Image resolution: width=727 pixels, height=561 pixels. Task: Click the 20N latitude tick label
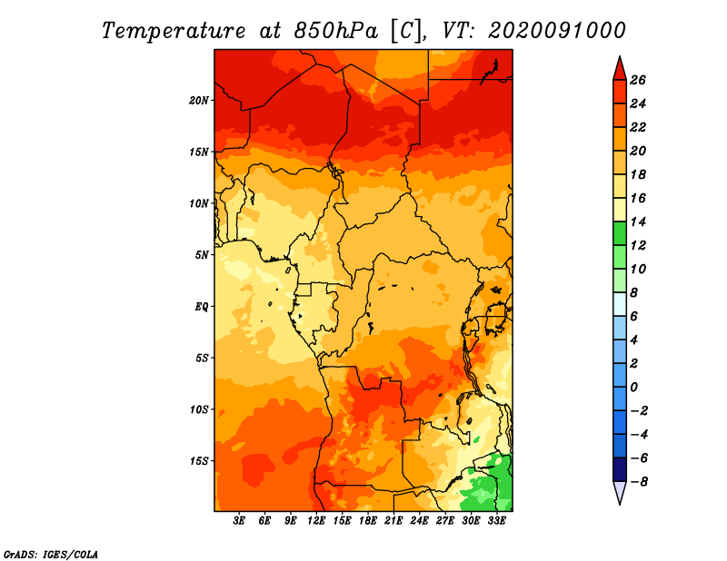coord(199,101)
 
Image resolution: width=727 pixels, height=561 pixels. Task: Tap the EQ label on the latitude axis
coord(202,307)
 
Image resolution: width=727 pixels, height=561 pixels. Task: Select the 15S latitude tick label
coord(199,461)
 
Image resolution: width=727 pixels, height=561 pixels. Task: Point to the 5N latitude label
coord(202,255)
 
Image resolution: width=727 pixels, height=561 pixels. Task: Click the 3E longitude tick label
coord(239,521)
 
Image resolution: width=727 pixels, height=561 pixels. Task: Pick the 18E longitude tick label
coord(368,521)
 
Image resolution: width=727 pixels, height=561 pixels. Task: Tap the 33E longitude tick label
coord(496,521)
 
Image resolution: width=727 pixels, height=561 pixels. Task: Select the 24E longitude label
coord(419,521)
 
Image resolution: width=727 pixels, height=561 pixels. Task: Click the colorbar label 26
coord(638,80)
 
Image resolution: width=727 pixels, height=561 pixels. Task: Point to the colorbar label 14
coord(638,221)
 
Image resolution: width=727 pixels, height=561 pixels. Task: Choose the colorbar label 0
coord(633,388)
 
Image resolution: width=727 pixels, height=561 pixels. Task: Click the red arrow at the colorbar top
coord(620,69)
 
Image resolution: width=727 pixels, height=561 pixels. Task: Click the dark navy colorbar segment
coord(620,469)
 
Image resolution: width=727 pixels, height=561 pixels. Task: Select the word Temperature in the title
coord(174,31)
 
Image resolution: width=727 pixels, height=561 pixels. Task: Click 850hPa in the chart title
coord(335,31)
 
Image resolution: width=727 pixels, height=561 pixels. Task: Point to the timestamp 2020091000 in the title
coord(557,31)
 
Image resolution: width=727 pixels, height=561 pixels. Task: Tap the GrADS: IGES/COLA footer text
coord(51,555)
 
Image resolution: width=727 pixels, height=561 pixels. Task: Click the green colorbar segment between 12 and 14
coord(620,233)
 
